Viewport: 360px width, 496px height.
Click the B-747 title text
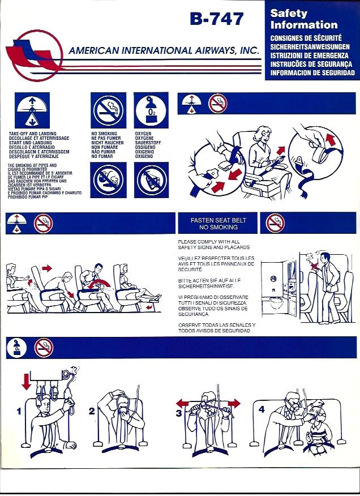click(217, 19)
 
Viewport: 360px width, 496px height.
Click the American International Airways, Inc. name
click(164, 51)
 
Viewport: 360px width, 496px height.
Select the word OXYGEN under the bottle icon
click(143, 134)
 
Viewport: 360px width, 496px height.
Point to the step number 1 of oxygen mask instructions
click(19, 412)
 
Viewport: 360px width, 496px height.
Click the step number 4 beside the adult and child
click(261, 409)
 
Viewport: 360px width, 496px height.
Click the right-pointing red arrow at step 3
click(233, 404)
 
